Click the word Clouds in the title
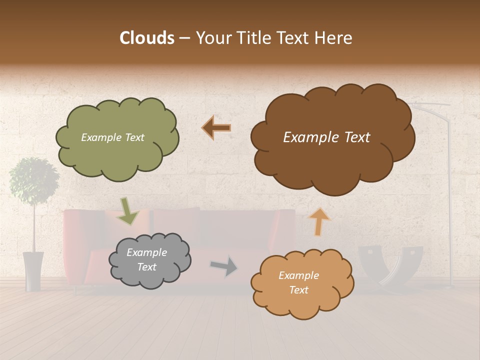[x=146, y=38]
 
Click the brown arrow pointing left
[x=216, y=128]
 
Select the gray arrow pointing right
[x=224, y=266]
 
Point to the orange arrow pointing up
[x=319, y=221]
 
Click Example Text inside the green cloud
[x=112, y=137]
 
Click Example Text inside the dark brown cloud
[x=326, y=137]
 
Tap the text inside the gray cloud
[x=146, y=259]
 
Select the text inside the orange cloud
[x=298, y=282]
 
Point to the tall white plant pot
[x=33, y=270]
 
